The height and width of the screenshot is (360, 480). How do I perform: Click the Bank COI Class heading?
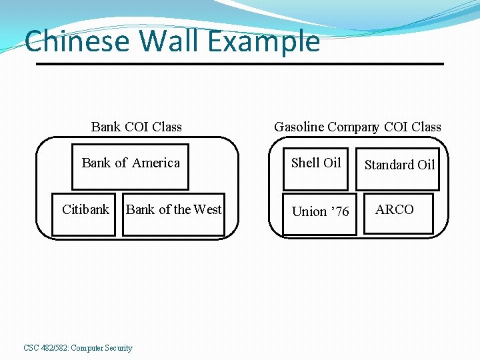(136, 127)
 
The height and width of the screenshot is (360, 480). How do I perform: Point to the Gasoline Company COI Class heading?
(357, 127)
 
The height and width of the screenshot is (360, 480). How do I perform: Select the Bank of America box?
(130, 167)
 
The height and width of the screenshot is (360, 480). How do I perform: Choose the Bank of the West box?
(173, 213)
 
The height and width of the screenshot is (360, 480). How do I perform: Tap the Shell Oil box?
(316, 167)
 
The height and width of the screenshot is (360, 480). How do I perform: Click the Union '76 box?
(319, 213)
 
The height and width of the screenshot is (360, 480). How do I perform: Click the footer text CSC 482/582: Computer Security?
(78, 348)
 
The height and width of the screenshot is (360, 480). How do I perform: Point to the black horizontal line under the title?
(239, 64)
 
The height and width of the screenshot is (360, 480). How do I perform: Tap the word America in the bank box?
(156, 163)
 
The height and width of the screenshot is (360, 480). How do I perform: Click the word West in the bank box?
(207, 209)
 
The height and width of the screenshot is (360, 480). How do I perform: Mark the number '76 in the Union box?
(339, 212)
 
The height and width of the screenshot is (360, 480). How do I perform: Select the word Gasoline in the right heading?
(299, 127)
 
